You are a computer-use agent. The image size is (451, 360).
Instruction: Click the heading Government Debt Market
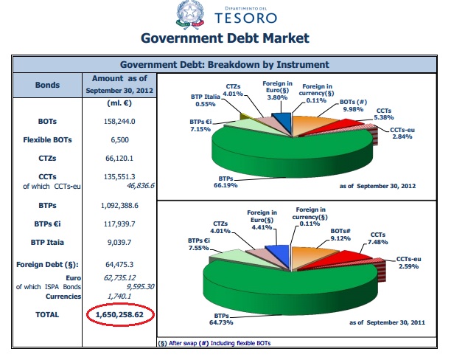click(225, 38)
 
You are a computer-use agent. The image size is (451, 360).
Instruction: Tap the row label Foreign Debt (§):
click(43, 263)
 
